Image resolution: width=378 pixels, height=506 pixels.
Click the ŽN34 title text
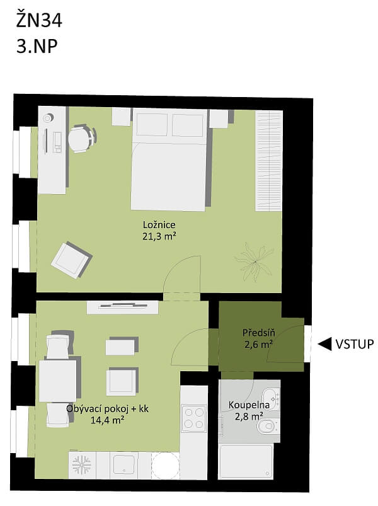39,21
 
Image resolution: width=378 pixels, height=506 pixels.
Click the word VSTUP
355,344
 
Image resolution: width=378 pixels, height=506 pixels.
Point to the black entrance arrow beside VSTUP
325,344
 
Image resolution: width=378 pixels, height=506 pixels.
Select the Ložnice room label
158,225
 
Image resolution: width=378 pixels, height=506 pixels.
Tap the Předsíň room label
258,333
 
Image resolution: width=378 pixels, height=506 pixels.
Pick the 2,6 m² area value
258,344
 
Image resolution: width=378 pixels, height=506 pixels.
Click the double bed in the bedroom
169,160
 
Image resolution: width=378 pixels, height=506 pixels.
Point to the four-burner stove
193,418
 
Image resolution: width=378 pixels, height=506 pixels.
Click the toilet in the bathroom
267,428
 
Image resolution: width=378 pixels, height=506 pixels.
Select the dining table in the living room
57,381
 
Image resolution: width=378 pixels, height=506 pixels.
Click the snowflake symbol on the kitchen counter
81,465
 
